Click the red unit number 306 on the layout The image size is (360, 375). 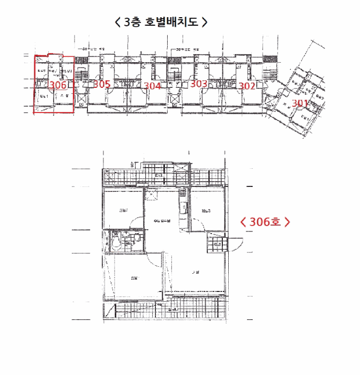pyautogui.click(x=57, y=85)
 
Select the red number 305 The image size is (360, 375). pyautogui.click(x=102, y=84)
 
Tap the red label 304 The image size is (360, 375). pyautogui.click(x=152, y=85)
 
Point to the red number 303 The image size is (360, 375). pyautogui.click(x=199, y=84)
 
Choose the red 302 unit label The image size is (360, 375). pyautogui.click(x=247, y=85)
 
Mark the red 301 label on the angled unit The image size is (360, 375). pyautogui.click(x=300, y=103)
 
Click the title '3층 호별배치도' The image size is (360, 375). pyautogui.click(x=161, y=22)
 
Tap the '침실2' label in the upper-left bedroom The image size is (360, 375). pyautogui.click(x=123, y=210)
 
